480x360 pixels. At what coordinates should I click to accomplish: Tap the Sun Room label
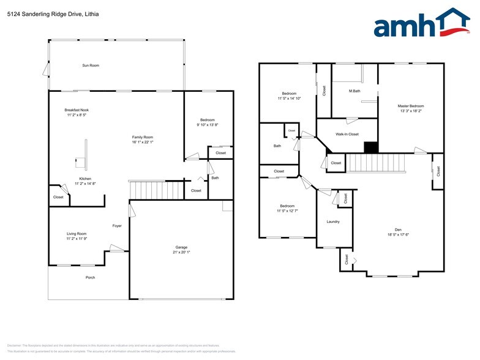(x=91, y=65)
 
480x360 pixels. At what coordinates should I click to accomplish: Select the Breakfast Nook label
(x=77, y=110)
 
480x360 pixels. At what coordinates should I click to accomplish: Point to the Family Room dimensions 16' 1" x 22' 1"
(x=143, y=142)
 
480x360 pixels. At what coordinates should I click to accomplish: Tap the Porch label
(x=90, y=277)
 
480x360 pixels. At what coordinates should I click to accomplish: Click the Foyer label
(x=117, y=226)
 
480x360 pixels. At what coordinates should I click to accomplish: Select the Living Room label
(x=77, y=233)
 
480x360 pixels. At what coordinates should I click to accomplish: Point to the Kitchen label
(x=77, y=178)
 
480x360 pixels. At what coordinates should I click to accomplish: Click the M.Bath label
(x=354, y=91)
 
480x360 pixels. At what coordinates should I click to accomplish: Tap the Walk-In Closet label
(x=347, y=133)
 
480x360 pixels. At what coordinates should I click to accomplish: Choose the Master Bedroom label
(x=411, y=106)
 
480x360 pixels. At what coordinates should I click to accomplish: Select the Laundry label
(x=333, y=222)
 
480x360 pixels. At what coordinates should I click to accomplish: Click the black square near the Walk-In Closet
(x=370, y=148)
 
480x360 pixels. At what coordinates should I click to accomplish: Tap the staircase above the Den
(x=373, y=162)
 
